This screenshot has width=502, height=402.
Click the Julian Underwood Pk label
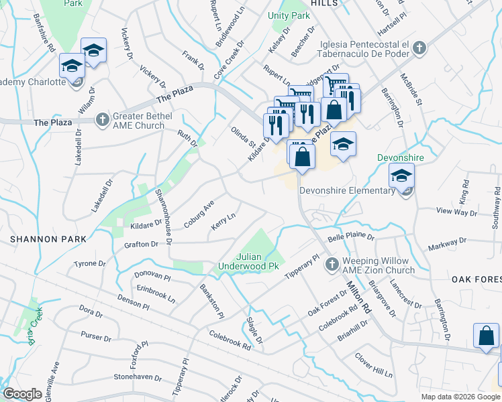pyautogui.click(x=248, y=261)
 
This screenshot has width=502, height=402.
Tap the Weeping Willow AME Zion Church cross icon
pyautogui.click(x=331, y=266)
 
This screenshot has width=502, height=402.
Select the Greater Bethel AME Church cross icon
pyautogui.click(x=102, y=120)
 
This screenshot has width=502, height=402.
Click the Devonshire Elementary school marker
pyautogui.click(x=402, y=178)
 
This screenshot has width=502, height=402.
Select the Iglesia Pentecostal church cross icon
pyautogui.click(x=419, y=48)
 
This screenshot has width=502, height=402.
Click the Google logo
pyautogui.click(x=22, y=394)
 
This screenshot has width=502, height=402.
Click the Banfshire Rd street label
pyautogui.click(x=42, y=38)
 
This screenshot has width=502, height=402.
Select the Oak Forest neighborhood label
pyautogui.click(x=476, y=279)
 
